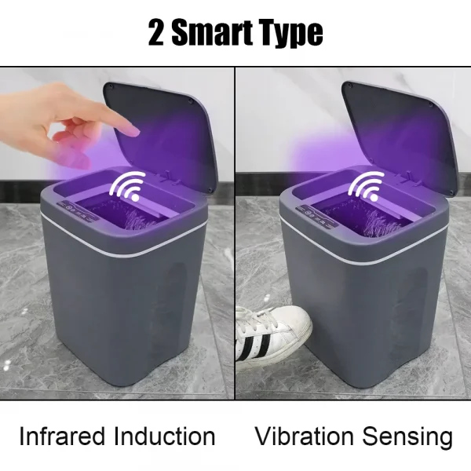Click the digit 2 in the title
(x=156, y=33)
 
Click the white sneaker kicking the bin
(x=275, y=334)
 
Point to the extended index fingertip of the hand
(x=133, y=130)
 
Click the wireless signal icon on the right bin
(x=366, y=185)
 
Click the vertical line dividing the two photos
(x=235, y=235)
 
